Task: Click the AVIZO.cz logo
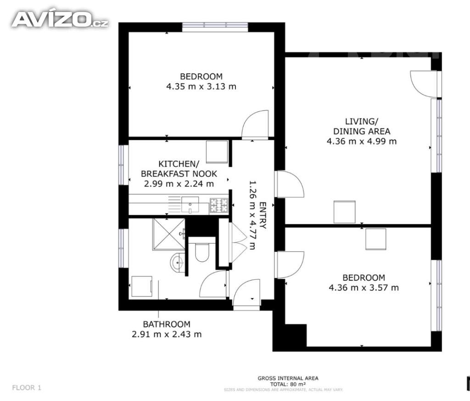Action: tap(60, 19)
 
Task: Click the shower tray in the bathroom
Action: tap(168, 234)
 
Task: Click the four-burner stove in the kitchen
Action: tap(219, 204)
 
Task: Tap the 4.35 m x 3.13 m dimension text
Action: tap(201, 86)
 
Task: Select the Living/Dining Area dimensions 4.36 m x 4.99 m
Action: tap(361, 141)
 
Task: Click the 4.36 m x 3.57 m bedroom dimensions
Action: tap(364, 288)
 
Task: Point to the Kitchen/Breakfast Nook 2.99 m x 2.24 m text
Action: tap(179, 184)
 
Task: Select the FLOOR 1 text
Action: tap(27, 388)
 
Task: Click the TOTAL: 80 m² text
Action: tap(288, 384)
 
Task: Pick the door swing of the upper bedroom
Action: tap(255, 124)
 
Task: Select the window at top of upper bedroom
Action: tap(215, 26)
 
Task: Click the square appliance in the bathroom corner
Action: tap(141, 287)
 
